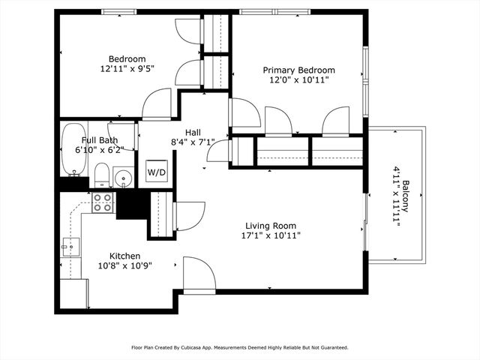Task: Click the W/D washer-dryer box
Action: tap(156, 172)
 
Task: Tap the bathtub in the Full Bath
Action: tap(73, 148)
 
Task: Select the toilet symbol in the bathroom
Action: tap(102, 176)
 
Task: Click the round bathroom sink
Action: tap(122, 178)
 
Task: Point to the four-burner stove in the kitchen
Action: tap(103, 202)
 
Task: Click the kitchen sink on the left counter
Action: tap(72, 245)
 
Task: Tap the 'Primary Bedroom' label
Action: tap(298, 70)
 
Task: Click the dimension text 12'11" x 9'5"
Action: tap(127, 69)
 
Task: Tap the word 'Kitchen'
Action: tap(125, 255)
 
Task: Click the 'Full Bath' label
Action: tap(99, 140)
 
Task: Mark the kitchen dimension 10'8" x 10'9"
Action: tap(125, 265)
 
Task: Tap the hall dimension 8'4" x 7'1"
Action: tap(193, 141)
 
